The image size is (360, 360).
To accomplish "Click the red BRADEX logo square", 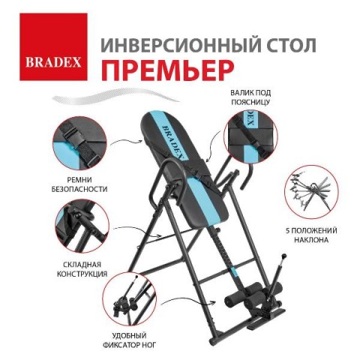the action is pos(53,46).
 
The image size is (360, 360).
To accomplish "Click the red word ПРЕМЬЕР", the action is pos(167,68).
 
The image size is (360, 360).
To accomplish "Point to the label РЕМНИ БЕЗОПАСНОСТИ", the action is pos(79,184).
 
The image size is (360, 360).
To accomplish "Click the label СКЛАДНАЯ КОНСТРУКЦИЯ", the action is pos(82,269).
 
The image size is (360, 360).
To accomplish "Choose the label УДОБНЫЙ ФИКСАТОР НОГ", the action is pos(130,340).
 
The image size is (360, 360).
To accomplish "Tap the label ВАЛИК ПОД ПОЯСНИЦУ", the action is pos(250,97).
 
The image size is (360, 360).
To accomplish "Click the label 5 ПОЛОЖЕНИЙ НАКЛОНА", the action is pos(311,235).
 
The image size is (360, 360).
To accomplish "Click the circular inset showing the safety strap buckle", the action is pos(79,143).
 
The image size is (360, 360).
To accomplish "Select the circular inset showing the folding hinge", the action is pos(82,226).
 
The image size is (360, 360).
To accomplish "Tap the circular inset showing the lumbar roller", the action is pos(250,136).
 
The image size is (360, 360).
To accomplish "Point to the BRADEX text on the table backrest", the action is pos(173,142).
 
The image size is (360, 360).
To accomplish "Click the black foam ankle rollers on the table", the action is pos(253,295).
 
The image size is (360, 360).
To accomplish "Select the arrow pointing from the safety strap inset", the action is pos(127,142).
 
